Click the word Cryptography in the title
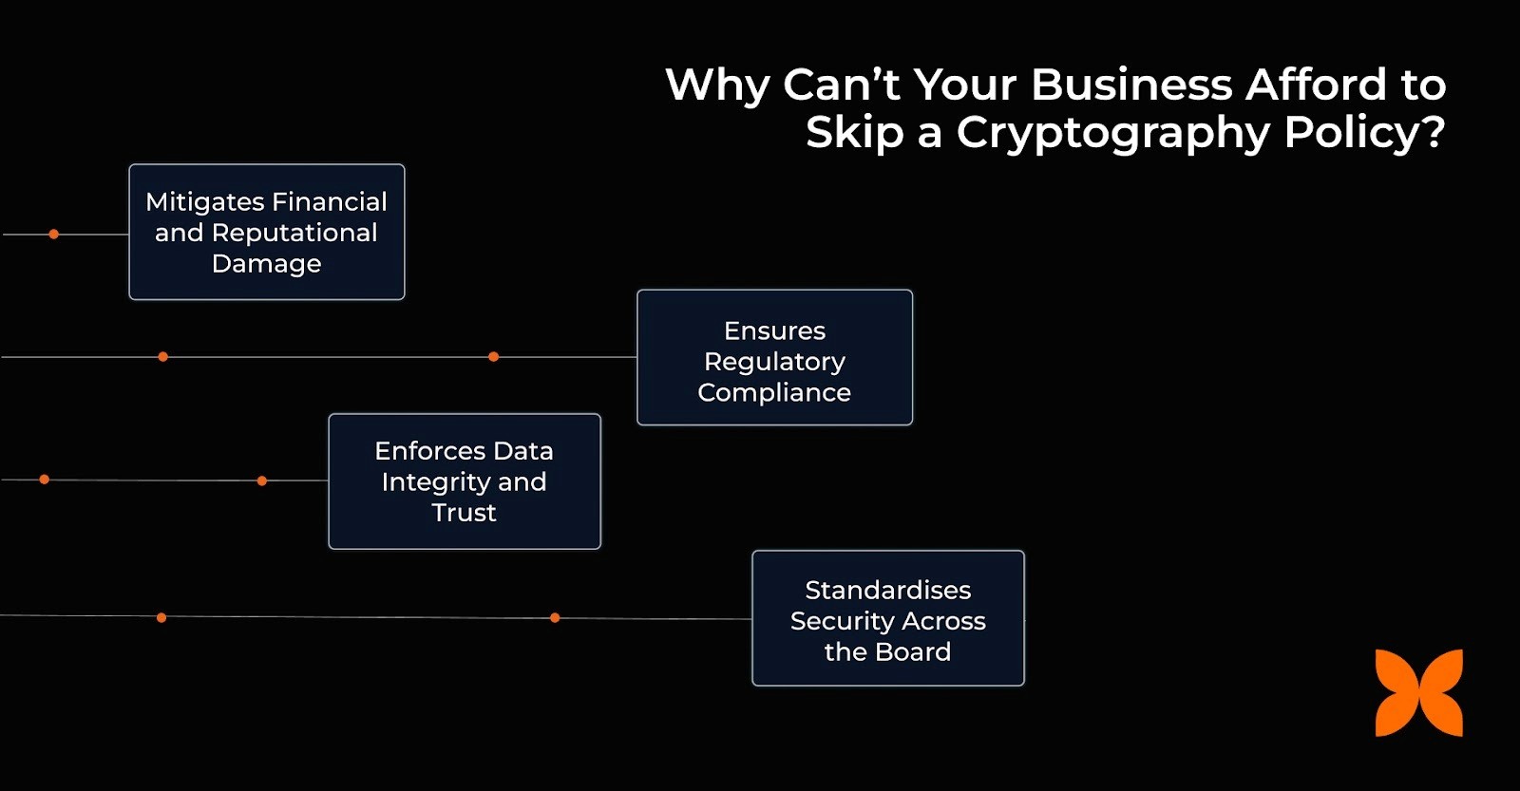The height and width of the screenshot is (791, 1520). coord(1112,132)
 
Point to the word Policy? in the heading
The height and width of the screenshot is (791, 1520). coord(1364,132)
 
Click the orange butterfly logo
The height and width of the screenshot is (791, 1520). coord(1418,692)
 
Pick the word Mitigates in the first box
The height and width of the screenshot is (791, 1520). coord(204,202)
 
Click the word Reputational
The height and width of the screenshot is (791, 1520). coord(294,233)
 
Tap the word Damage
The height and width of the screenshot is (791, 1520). coord(266,263)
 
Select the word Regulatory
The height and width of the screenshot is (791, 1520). coord(774,362)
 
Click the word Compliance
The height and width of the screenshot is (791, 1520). coord(774,392)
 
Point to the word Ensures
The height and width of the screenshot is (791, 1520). coord(774,330)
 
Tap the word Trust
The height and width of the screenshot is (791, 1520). coord(464,513)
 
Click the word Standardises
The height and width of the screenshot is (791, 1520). coord(887,590)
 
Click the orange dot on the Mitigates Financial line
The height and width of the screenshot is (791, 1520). coord(54,234)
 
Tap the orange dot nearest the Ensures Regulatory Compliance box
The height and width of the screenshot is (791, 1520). coord(493,357)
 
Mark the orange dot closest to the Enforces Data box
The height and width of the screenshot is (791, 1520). coord(262,480)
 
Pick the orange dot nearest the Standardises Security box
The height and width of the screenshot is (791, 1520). coord(555,618)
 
